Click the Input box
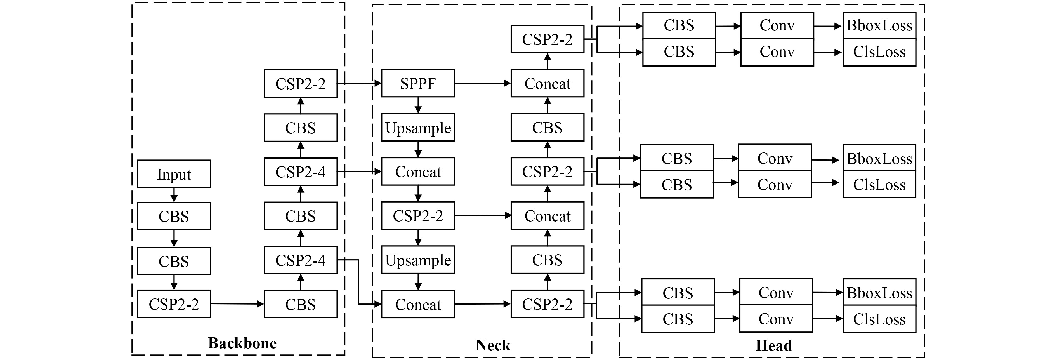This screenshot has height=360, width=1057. tap(174, 174)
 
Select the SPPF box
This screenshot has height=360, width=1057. tap(418, 83)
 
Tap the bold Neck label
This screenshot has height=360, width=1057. tap(492, 345)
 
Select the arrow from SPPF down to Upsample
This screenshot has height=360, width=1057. tap(418, 105)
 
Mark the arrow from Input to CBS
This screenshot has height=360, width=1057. tap(174, 195)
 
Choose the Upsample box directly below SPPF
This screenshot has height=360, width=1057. tap(418, 128)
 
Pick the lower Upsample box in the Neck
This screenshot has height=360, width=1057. tap(418, 260)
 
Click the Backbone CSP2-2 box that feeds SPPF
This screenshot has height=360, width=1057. tap(300, 83)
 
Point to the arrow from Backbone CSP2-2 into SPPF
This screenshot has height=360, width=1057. tap(359, 83)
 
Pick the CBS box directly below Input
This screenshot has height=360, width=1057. tap(174, 216)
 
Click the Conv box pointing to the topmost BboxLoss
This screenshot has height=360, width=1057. tap(777, 25)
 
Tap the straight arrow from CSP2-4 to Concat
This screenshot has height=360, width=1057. tap(359, 171)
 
